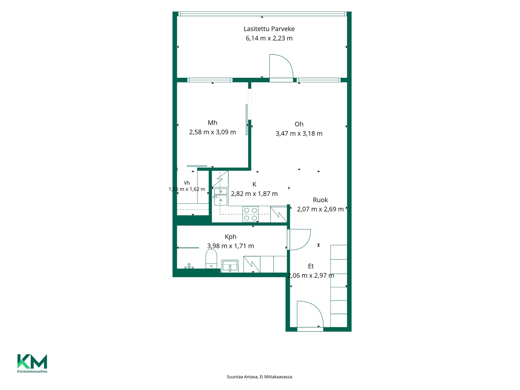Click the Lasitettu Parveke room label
(x=269, y=29)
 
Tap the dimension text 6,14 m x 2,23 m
(x=269, y=38)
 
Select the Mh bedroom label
(x=212, y=123)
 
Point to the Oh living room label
(x=299, y=124)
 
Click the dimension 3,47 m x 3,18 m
(x=299, y=134)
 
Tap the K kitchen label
(x=254, y=184)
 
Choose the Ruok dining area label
(x=320, y=200)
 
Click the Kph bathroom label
(x=230, y=237)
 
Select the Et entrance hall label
(x=311, y=266)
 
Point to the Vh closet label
(x=187, y=183)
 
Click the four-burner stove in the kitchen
(x=251, y=214)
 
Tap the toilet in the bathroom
(x=211, y=259)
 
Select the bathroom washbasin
(x=230, y=266)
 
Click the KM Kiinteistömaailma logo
(x=32, y=363)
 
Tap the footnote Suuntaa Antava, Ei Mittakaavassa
(x=260, y=377)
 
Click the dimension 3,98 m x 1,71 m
(x=230, y=246)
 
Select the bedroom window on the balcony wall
(x=210, y=80)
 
